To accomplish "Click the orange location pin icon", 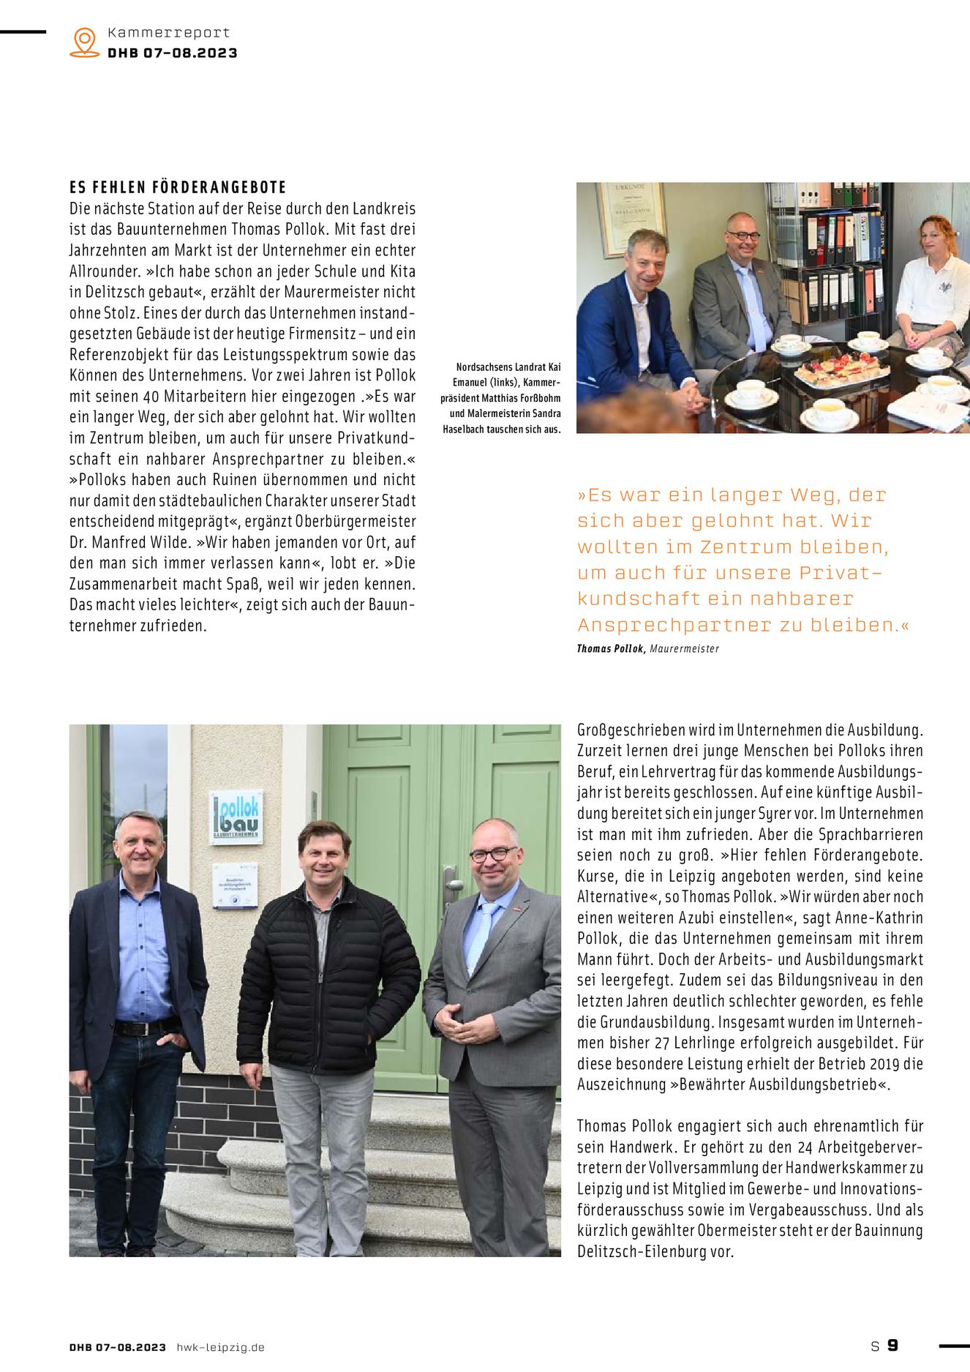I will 85,42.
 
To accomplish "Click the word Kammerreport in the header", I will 168,33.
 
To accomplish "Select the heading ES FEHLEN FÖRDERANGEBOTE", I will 178,187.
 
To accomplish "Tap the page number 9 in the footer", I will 892,1345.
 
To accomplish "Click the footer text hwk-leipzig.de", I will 220,1347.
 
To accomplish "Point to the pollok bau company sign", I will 236,817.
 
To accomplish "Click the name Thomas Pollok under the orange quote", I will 611,648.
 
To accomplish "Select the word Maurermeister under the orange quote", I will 684,648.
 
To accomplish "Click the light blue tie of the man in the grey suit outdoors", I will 480,937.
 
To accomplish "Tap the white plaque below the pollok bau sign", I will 235,886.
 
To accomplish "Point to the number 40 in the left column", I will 151,397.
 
